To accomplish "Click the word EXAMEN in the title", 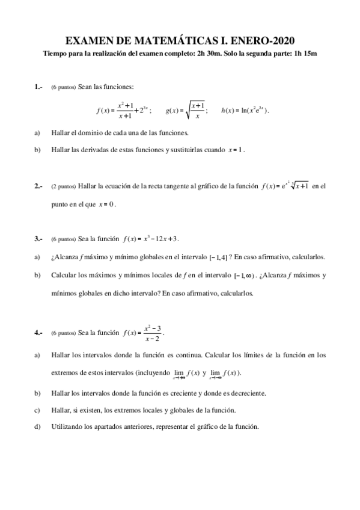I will coord(87,40).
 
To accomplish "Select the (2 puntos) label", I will coord(64,187).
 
